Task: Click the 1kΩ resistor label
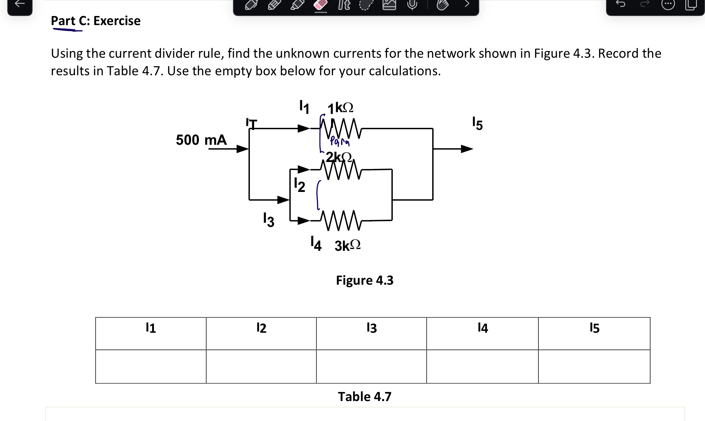tap(340, 108)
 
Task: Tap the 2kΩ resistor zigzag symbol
tap(341, 170)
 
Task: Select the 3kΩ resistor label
tap(347, 245)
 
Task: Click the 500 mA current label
tap(201, 140)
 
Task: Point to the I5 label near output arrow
tap(477, 123)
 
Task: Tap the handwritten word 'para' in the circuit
tap(340, 141)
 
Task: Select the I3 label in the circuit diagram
tap(269, 220)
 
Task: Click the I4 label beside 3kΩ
tap(316, 244)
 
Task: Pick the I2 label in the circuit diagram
tap(299, 185)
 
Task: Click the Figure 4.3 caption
tap(365, 280)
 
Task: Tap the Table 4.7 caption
tap(365, 397)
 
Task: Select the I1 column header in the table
tap(151, 328)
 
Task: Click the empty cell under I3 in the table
tap(371, 367)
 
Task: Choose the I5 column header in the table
tap(594, 328)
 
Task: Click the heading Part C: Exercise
tap(96, 21)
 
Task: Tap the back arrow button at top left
tap(20, 4)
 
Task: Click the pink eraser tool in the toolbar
tap(321, 5)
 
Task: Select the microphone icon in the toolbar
tap(412, 4)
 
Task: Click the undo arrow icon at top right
tap(620, 4)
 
